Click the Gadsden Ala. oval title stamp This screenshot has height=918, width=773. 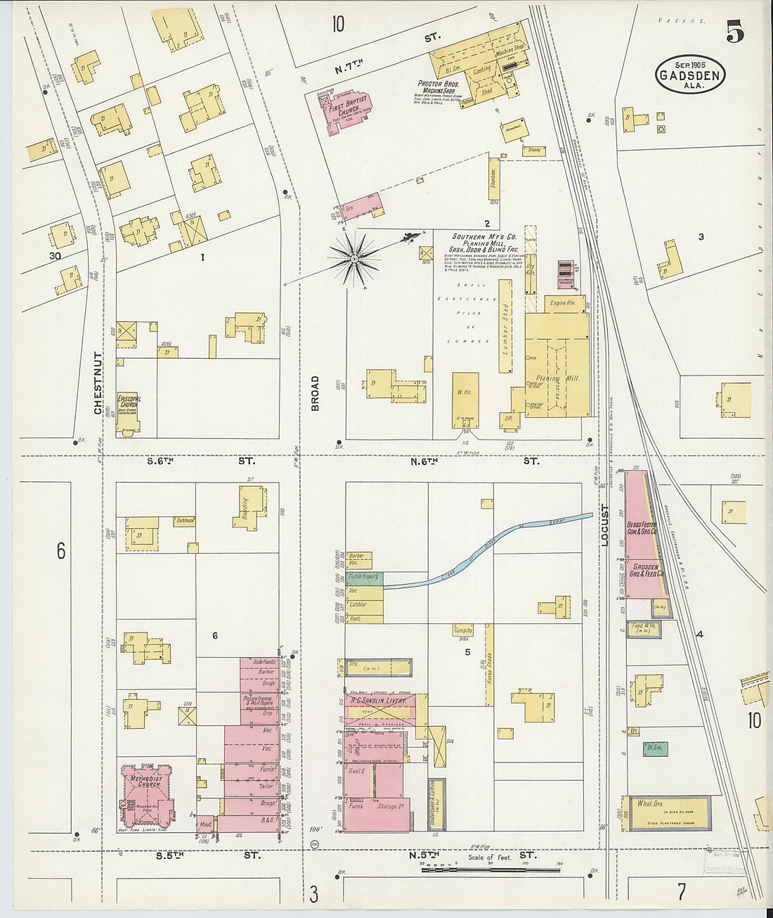(690, 75)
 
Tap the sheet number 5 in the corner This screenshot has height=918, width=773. (735, 32)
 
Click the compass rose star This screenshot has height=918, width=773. (356, 260)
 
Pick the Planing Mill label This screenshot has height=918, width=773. (557, 378)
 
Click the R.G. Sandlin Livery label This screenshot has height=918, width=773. (376, 701)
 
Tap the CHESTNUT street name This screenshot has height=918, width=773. (99, 383)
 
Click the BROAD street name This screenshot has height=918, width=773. (315, 393)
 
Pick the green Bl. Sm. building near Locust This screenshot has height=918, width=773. (654, 748)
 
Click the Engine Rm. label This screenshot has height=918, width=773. (562, 303)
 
